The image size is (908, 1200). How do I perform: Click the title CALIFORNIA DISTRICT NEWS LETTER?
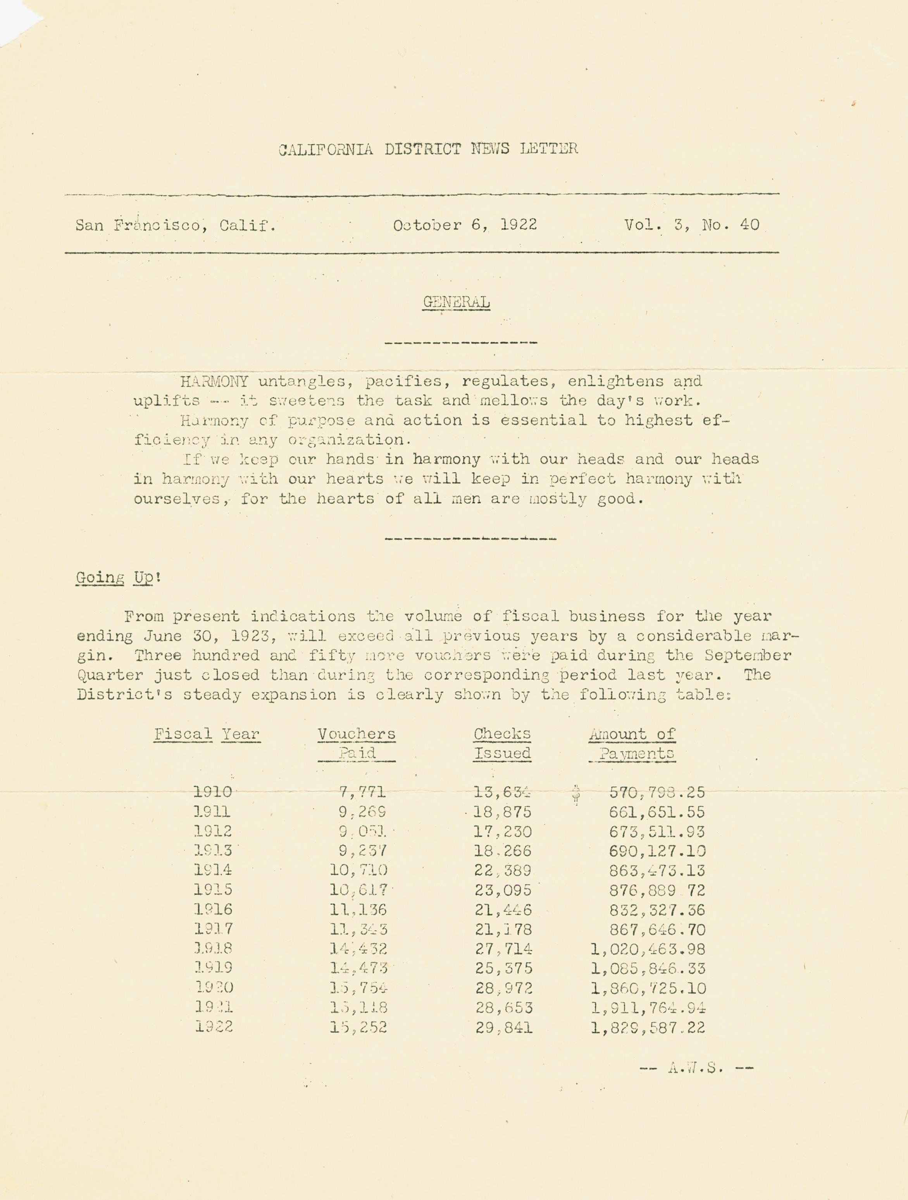[428, 149]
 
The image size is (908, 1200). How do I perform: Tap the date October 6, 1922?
[465, 225]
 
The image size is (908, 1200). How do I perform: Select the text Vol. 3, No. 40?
[691, 225]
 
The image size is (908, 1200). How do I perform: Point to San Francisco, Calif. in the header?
[175, 225]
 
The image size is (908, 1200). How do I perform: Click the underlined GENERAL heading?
[456, 302]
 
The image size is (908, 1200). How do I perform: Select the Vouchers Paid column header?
[357, 744]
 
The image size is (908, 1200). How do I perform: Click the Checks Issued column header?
[502, 744]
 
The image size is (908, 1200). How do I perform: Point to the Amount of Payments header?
[632, 744]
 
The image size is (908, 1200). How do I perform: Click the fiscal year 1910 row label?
[212, 793]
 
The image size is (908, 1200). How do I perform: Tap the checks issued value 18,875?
[503, 812]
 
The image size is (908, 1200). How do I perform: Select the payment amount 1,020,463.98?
[648, 949]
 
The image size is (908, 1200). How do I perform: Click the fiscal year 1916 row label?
[213, 910]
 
